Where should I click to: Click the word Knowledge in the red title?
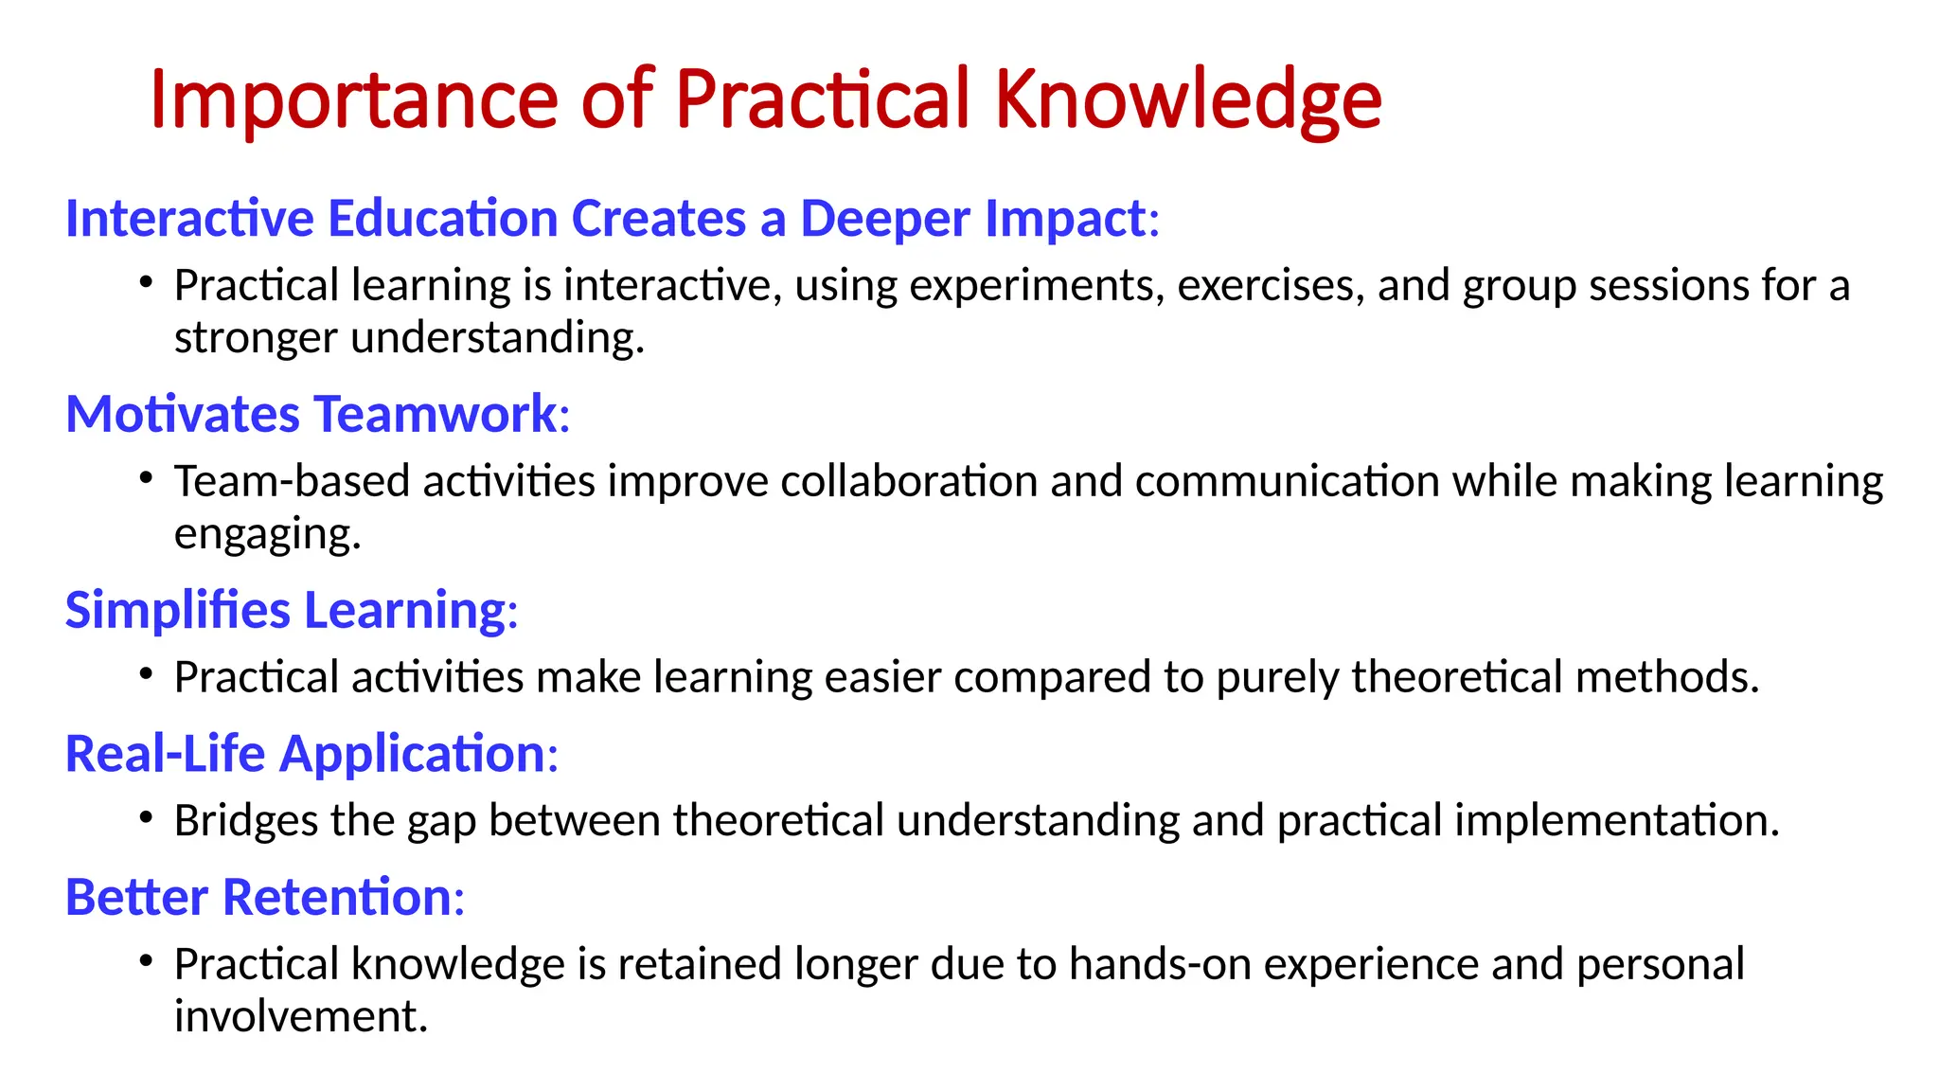pos(1187,100)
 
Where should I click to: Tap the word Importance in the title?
pos(353,100)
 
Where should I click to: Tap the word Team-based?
pos(293,482)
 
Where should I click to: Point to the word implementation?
pos(1615,821)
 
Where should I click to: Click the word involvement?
pos(299,1017)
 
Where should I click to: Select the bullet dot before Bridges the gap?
pos(145,817)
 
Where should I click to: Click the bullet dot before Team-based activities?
pos(145,478)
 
